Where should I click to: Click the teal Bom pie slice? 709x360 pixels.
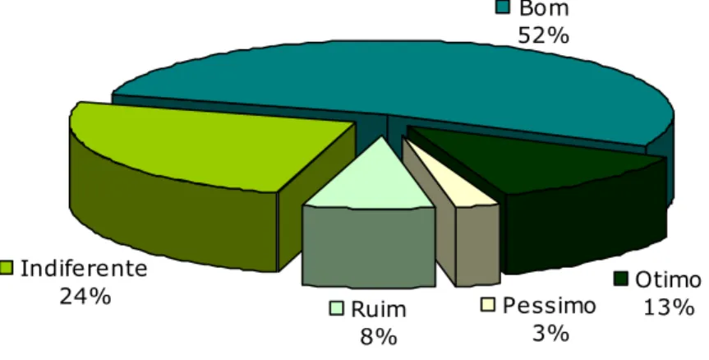(394, 81)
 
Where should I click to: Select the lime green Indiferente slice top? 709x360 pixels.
(204, 145)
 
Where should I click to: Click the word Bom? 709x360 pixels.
(544, 8)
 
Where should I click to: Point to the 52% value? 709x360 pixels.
(544, 35)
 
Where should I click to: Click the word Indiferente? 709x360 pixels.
(84, 269)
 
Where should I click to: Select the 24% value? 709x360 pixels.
(85, 296)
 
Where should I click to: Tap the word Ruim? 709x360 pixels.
(379, 309)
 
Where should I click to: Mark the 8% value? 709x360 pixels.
(379, 336)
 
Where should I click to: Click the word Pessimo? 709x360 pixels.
(550, 306)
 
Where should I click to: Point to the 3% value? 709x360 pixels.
(550, 334)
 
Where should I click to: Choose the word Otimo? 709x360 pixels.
(668, 280)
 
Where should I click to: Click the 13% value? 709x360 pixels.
(668, 307)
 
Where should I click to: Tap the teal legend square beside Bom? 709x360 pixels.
(504, 7)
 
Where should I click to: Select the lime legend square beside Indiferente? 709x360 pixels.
(6, 268)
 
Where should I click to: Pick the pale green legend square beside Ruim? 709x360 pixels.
(336, 308)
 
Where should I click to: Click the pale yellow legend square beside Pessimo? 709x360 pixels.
(488, 304)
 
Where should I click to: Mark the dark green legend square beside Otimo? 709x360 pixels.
(621, 279)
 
